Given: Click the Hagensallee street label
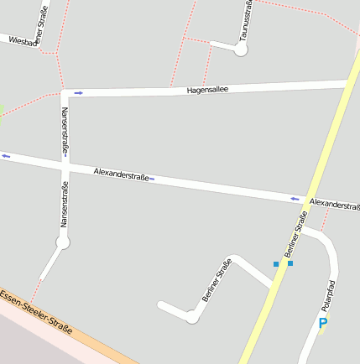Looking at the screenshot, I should tap(208, 88).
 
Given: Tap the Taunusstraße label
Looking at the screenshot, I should tap(246, 21).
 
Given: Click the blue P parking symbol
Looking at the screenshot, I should tap(323, 323).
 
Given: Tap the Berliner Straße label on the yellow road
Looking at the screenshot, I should tap(296, 232).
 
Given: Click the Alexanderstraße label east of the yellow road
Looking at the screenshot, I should tap(334, 204).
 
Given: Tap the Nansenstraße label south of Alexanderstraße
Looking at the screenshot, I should tap(63, 206).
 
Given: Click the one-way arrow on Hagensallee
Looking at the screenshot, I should tap(78, 92).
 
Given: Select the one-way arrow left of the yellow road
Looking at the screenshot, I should tap(295, 199).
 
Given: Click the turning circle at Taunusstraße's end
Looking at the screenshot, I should tap(241, 49).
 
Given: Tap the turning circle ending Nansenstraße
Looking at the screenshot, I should tap(62, 242).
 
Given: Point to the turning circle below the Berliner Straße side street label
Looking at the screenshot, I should tap(192, 316).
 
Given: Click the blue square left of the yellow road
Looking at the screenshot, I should tap(276, 264).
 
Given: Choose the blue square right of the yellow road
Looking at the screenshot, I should tap(291, 263).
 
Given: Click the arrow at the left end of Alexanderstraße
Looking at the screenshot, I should tap(6, 155).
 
